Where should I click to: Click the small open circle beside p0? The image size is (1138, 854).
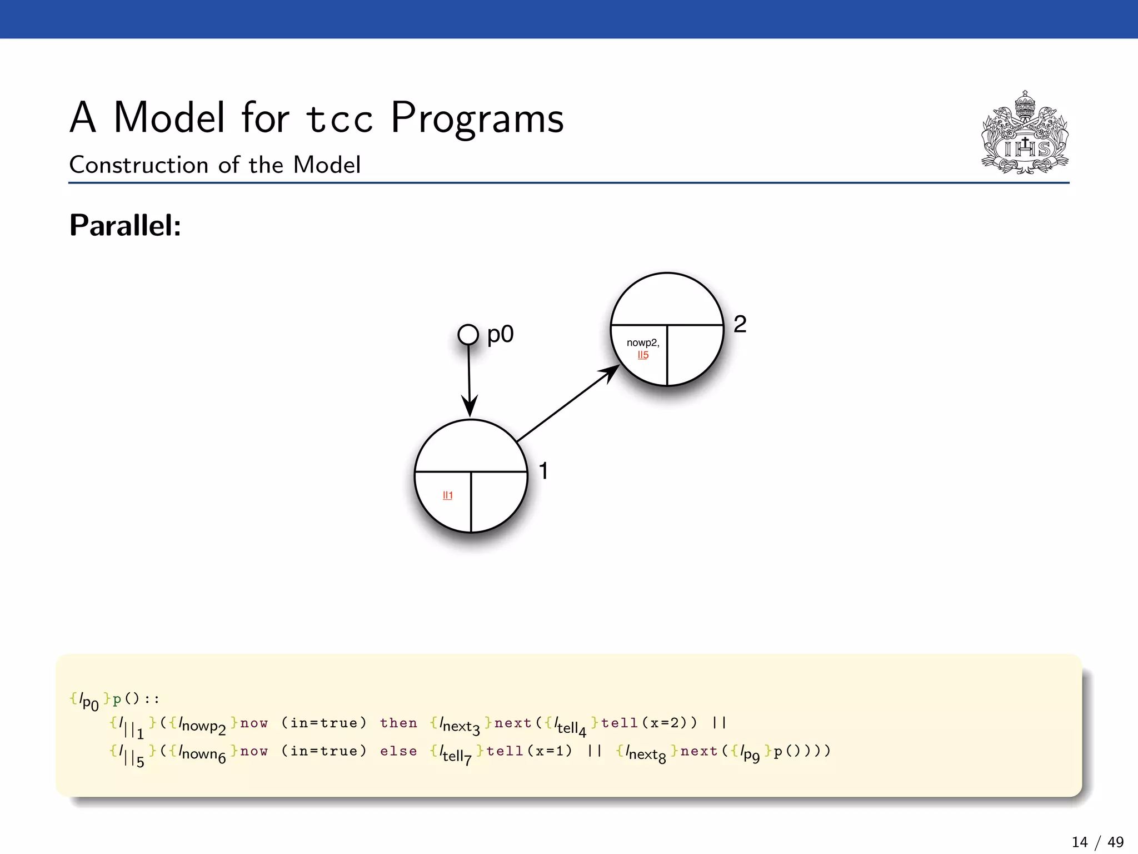(x=468, y=335)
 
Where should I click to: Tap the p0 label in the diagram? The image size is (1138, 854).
(x=500, y=335)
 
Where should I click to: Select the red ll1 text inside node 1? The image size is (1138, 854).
(x=447, y=495)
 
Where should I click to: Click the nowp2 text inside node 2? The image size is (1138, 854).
(x=643, y=343)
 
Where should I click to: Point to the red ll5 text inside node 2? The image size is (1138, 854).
(x=643, y=355)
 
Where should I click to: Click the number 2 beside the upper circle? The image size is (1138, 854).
(x=740, y=324)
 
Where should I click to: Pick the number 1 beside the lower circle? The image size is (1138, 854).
(x=543, y=471)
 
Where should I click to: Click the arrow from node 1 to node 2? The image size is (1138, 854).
(x=567, y=404)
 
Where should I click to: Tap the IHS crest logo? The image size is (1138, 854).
(x=1025, y=133)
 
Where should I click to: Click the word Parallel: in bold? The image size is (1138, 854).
(x=126, y=226)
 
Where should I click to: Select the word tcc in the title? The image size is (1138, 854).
(x=340, y=118)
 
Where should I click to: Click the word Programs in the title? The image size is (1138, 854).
(x=477, y=118)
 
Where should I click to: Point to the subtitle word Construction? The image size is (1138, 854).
(x=139, y=165)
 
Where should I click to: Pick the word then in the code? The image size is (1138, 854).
(x=398, y=723)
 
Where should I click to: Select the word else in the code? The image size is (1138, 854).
(x=398, y=751)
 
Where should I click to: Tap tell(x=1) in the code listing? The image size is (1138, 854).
(x=529, y=751)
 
